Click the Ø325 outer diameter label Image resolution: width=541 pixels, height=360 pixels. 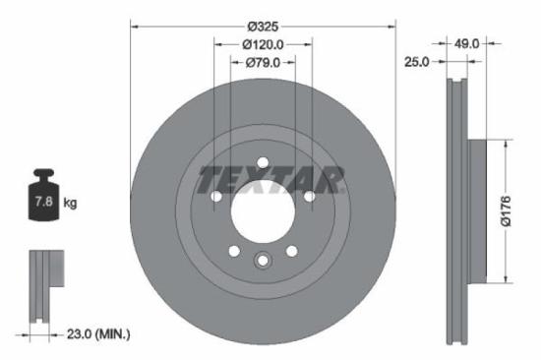[263, 26]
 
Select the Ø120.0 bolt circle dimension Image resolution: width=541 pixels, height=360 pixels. [263, 44]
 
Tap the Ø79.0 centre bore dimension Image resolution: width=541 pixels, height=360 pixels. [263, 62]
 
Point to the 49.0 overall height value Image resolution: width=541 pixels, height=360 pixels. [466, 43]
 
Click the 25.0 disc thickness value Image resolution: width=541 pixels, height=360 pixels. [417, 62]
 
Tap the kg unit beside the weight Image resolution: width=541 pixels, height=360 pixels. [70, 204]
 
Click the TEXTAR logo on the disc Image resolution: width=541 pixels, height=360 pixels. [270, 180]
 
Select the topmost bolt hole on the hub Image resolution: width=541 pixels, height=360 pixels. [263, 163]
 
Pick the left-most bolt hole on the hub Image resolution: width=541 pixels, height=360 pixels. [215, 197]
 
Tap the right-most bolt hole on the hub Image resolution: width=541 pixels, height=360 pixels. [309, 197]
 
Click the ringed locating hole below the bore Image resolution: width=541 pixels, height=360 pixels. [263, 261]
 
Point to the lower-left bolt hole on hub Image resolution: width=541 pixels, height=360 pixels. [234, 252]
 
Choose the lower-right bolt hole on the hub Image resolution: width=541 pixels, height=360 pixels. [291, 252]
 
